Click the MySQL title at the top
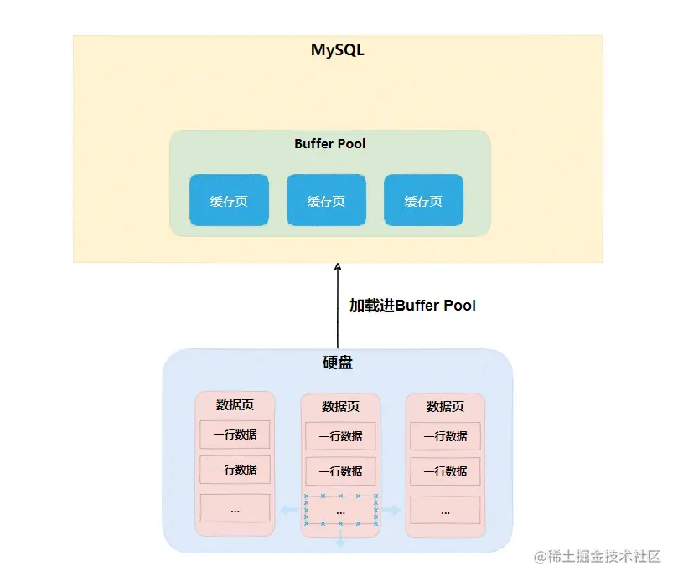coord(338,50)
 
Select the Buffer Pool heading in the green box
coord(330,144)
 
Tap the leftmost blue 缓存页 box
coord(229,201)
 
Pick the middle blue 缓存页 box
coord(326,201)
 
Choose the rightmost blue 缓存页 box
coord(423,201)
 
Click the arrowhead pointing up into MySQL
coord(338,266)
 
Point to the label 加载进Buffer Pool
coord(412,306)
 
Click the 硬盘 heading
coord(338,363)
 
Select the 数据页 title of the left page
coord(235,405)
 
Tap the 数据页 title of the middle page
coord(340,407)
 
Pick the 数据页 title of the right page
coord(445,407)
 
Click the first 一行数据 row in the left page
coord(235,434)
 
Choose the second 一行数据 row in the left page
coord(235,470)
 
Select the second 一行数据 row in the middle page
coord(340,471)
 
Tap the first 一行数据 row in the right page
coord(445,435)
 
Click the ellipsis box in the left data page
coord(235,508)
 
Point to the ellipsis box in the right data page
coord(445,510)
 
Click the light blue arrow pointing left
coord(287,510)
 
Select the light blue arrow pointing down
coord(340,541)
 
